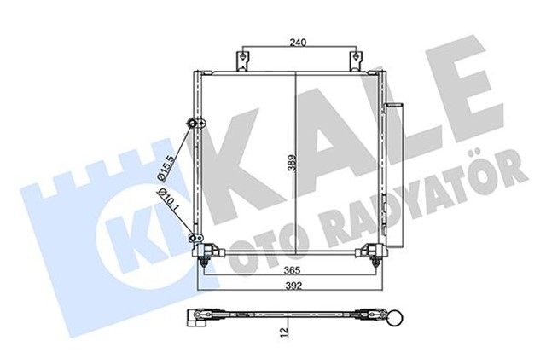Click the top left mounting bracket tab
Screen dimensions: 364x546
[243, 62]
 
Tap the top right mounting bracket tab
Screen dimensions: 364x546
[353, 62]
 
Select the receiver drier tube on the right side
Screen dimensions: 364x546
[387, 170]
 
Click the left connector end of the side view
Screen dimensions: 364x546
[196, 319]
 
